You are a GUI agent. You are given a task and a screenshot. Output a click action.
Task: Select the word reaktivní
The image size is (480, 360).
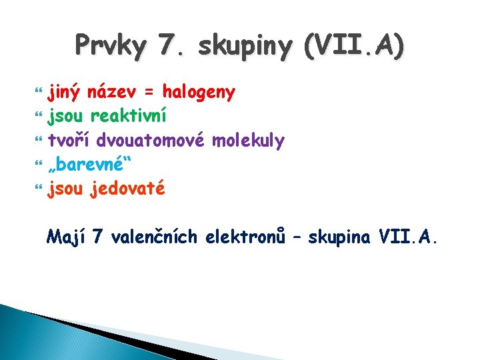(129, 116)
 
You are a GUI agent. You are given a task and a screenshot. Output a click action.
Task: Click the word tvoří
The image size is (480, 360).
(69, 140)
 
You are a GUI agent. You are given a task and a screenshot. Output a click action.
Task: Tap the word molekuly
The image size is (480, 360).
(248, 140)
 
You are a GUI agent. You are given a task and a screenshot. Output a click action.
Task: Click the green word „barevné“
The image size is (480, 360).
(86, 164)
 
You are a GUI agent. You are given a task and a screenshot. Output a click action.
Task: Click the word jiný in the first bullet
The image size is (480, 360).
(66, 92)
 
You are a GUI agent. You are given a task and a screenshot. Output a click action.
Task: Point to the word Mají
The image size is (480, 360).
(66, 236)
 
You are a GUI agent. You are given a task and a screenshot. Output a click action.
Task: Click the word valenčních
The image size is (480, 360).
(155, 236)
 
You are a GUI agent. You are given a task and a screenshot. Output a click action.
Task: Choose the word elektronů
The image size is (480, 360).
(247, 236)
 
